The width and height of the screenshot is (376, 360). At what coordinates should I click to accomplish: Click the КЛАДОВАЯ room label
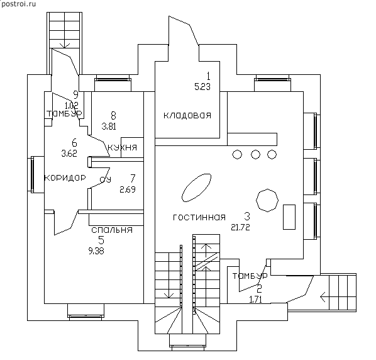[x=187, y=115]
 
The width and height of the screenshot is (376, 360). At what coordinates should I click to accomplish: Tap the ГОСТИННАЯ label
[x=199, y=217]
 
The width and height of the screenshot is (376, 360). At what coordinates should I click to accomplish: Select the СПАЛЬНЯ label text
[x=112, y=230]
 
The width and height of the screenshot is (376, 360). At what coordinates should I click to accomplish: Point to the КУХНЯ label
[x=123, y=147]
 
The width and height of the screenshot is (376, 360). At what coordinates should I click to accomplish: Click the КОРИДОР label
[x=65, y=178]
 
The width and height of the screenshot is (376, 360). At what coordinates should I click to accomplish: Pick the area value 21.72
[x=241, y=227]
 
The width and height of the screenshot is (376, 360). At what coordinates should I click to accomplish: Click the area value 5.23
[x=202, y=87]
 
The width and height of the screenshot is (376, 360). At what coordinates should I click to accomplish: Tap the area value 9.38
[x=96, y=251]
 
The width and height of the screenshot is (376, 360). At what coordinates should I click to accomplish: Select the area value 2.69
[x=128, y=189]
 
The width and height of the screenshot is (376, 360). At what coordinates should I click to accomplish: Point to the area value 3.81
[x=109, y=127]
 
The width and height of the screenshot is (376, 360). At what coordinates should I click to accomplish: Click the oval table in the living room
[x=197, y=188]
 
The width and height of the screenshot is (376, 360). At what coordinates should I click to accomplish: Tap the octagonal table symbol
[x=267, y=200]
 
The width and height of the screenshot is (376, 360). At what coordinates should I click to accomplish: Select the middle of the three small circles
[x=256, y=154]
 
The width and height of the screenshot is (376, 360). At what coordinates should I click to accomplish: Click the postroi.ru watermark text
[x=18, y=4]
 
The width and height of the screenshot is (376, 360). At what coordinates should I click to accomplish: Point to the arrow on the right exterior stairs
[x=323, y=297]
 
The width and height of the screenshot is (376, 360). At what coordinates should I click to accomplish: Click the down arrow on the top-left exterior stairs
[x=65, y=45]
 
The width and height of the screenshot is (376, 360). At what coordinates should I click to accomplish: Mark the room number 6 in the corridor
[x=74, y=143]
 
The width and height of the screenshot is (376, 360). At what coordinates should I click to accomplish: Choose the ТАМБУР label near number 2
[x=250, y=276]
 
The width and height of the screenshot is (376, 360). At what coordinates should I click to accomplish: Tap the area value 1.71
[x=256, y=300]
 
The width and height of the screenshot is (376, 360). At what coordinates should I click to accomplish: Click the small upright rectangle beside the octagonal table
[x=289, y=217]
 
